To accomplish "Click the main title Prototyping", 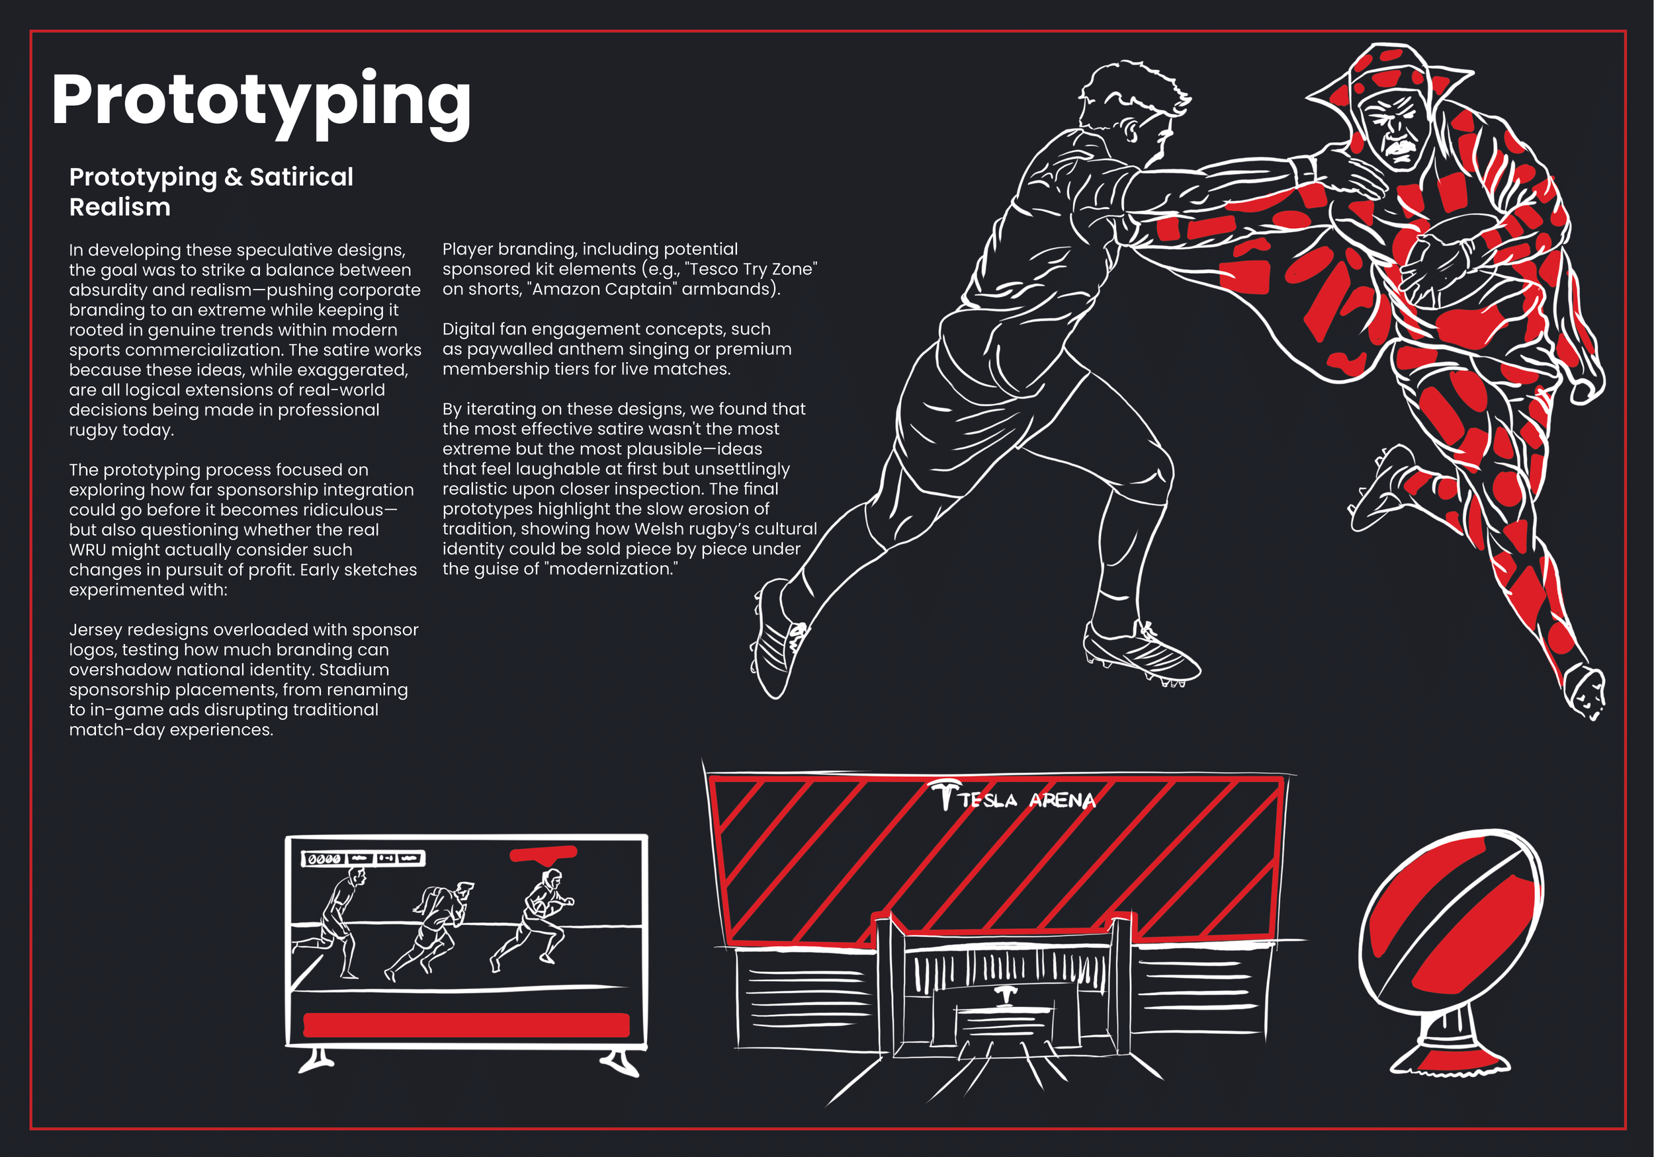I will pyautogui.click(x=261, y=100).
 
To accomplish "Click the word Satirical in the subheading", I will pyautogui.click(x=301, y=177).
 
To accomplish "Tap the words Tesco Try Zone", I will pyautogui.click(x=753, y=269).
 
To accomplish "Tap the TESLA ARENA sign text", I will pyautogui.click(x=1027, y=800).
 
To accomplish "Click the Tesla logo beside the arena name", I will pyautogui.click(x=944, y=793).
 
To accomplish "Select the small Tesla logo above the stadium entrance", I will pyautogui.click(x=1005, y=994).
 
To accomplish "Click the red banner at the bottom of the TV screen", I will pyautogui.click(x=466, y=1025).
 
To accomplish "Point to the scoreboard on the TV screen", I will pyautogui.click(x=363, y=858).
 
